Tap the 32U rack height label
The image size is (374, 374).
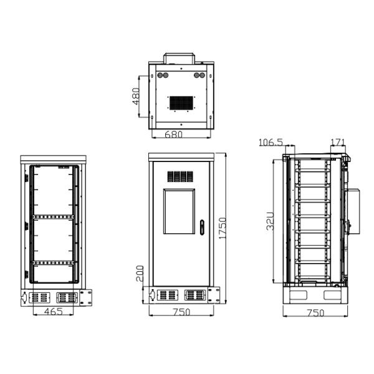[x=271, y=221]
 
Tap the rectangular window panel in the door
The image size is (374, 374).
[x=180, y=211]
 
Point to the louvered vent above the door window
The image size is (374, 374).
[x=180, y=176]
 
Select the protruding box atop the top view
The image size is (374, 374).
[x=180, y=59]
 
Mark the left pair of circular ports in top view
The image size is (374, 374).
[x=164, y=74]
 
